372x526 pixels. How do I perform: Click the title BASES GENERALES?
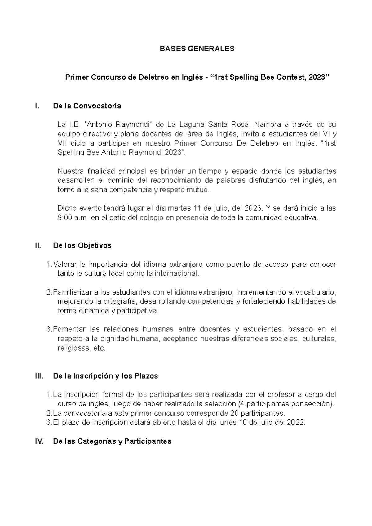click(197, 49)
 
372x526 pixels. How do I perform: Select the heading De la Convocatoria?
click(87, 106)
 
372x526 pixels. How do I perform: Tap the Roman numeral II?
click(38, 246)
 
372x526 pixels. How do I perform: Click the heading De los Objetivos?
click(82, 246)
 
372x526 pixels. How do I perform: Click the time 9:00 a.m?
click(73, 218)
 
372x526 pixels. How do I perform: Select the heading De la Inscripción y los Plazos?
click(105, 376)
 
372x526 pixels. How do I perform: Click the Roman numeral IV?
click(39, 441)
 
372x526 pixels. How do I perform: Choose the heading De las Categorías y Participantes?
click(112, 441)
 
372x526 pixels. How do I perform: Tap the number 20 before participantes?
click(235, 413)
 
